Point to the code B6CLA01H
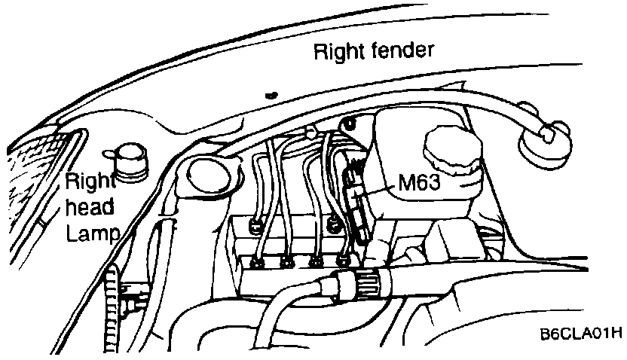point(580,335)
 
